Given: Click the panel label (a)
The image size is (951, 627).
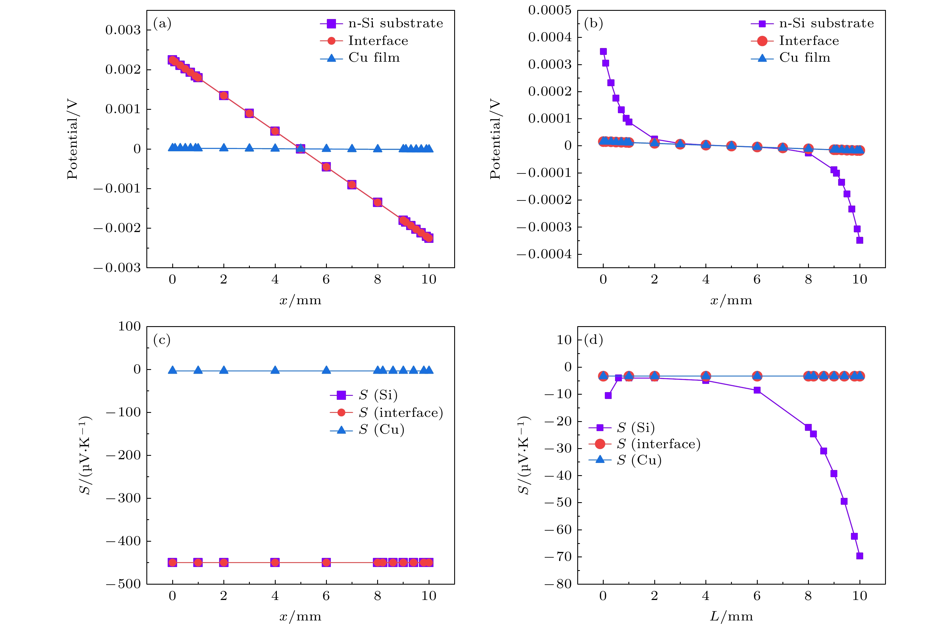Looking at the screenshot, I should [x=162, y=24].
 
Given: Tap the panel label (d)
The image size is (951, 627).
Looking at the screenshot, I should [x=593, y=340].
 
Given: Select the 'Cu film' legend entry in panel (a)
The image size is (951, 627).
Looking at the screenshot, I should [x=373, y=58].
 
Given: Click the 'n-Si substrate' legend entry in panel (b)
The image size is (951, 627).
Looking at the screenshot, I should [x=826, y=24].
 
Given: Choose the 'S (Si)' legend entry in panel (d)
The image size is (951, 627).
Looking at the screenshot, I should [x=635, y=427].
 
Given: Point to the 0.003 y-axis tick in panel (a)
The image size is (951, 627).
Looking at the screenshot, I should [x=123, y=30].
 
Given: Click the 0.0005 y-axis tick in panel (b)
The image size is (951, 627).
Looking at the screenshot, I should [x=550, y=11].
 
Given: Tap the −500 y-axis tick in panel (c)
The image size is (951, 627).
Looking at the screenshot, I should [x=123, y=584].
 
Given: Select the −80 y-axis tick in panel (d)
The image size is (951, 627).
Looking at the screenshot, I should [x=558, y=584].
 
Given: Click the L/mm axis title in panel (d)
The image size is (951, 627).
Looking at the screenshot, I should [x=731, y=616].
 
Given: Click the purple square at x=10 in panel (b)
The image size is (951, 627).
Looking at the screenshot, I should [x=859, y=240].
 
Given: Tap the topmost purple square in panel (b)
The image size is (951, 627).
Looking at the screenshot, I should [x=603, y=51].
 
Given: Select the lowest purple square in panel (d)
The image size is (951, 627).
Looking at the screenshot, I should [x=860, y=556].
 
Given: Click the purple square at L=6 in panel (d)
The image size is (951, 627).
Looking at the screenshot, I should [x=757, y=390].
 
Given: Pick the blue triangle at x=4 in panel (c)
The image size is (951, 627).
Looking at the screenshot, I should [x=275, y=370].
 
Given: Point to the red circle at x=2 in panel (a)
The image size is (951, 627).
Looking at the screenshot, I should [x=224, y=96].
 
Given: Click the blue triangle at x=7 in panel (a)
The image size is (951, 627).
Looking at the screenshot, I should [x=352, y=148].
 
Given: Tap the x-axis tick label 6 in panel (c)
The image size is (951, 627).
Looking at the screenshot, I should [x=326, y=596].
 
